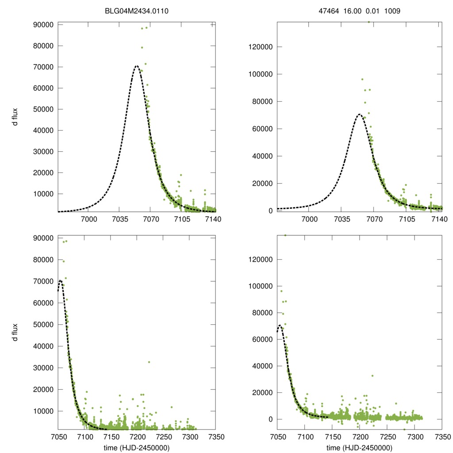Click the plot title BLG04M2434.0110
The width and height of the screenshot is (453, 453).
137,11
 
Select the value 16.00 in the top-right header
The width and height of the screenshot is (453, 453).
351,11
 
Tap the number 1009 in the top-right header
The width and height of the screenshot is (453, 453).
392,11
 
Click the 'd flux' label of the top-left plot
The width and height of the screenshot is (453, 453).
15,118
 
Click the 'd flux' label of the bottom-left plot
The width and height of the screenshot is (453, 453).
15,332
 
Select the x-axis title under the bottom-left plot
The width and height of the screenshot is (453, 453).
137,448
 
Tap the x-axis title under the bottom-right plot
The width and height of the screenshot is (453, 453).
359,448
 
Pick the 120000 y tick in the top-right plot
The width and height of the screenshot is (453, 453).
261,47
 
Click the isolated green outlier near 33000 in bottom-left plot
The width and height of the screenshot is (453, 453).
149,362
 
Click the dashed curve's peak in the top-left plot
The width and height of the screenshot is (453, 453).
136,66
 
